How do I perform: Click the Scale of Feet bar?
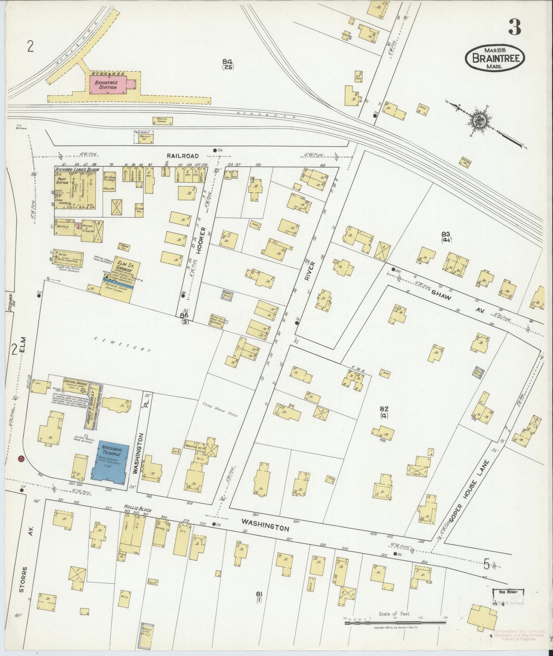pos(395,623)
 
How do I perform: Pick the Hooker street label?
pos(203,241)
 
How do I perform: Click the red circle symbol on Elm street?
pos(21,458)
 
